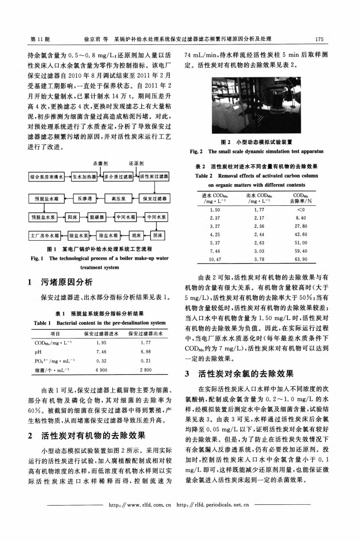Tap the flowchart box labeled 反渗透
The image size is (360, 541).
(x=84, y=198)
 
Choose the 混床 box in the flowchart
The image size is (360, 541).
(x=130, y=235)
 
